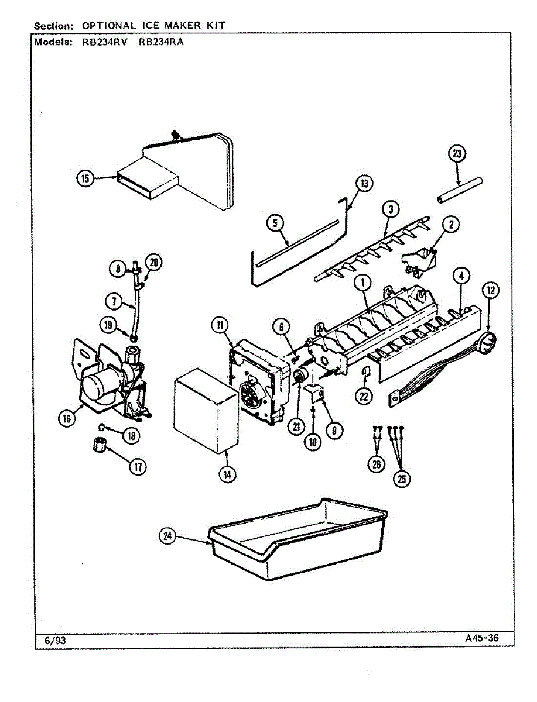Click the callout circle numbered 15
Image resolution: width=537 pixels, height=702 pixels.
pos(86,178)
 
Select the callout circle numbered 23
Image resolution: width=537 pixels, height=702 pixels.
pos(457,154)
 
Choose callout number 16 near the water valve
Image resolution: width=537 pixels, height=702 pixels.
pos(67,418)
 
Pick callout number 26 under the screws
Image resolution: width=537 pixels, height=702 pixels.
pos(376,464)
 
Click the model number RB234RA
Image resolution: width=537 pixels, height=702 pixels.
pos(161,42)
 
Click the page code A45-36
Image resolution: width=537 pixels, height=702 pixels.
pos(482,638)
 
